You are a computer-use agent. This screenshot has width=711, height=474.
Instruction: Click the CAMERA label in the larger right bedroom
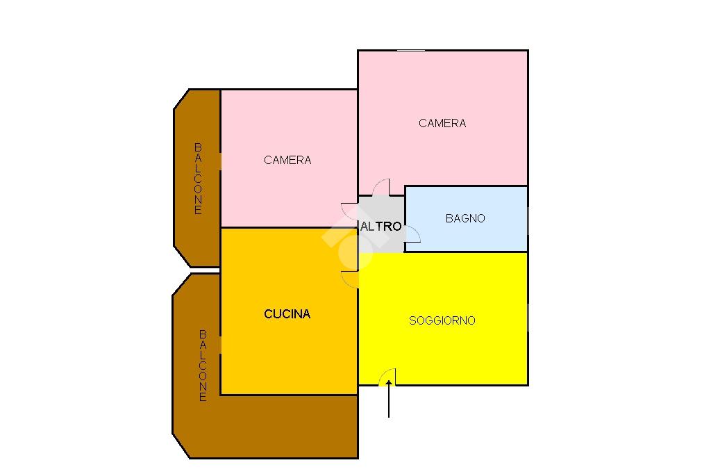click(x=442, y=123)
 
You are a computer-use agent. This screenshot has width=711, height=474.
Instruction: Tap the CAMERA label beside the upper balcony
click(x=287, y=160)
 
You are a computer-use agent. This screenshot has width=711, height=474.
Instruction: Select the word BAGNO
click(x=465, y=218)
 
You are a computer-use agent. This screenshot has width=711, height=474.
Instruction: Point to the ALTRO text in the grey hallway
click(x=381, y=226)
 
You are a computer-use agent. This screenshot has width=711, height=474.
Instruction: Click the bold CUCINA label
click(x=287, y=313)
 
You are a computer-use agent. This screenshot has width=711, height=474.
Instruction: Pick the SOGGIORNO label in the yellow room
click(x=442, y=320)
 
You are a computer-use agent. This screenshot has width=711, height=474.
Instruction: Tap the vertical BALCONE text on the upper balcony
click(x=198, y=179)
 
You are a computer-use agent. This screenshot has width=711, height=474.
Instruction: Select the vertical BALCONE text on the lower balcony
click(x=203, y=366)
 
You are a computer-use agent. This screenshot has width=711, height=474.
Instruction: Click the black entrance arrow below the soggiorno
click(x=389, y=399)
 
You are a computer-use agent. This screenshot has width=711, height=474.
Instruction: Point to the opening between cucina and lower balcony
click(x=220, y=345)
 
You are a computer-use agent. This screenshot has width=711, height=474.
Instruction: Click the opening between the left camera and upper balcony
click(x=220, y=161)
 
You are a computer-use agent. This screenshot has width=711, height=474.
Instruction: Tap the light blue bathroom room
click(x=466, y=219)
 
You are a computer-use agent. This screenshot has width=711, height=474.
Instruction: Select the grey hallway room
click(x=381, y=224)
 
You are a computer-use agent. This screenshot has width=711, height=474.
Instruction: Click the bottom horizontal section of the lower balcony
click(x=272, y=426)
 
